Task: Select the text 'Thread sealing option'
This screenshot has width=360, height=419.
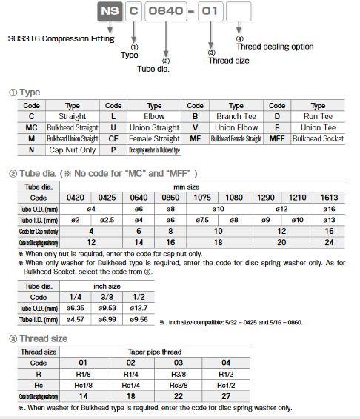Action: click(x=274, y=46)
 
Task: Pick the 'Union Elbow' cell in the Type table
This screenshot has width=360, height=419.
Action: click(x=236, y=127)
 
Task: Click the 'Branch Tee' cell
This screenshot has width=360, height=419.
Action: click(x=236, y=116)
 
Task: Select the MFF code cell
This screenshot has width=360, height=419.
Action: click(x=276, y=138)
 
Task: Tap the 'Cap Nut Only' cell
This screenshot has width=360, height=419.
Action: click(x=73, y=150)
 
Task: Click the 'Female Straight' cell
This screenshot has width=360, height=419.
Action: click(x=154, y=138)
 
